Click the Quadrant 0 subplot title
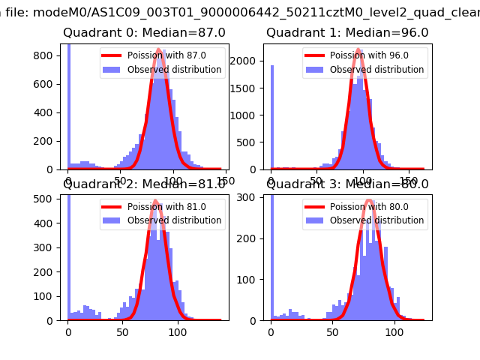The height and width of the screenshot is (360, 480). tap(144, 33)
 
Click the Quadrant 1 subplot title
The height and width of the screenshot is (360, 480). tap(347, 33)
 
